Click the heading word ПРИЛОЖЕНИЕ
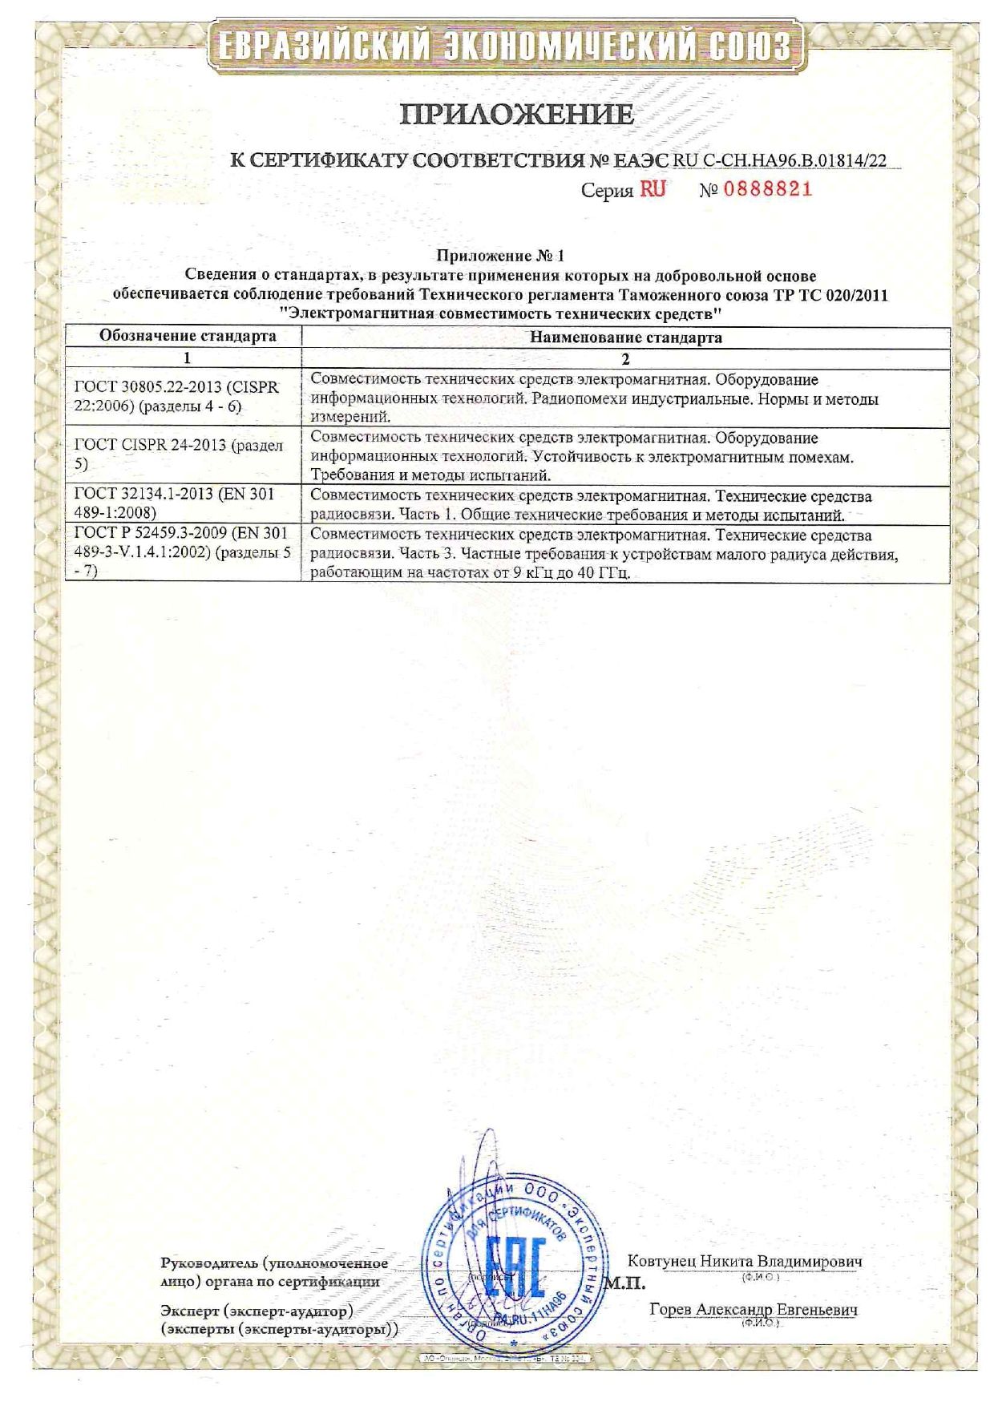[517, 115]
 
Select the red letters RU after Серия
[652, 190]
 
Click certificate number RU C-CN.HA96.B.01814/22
[780, 160]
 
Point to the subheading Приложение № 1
[500, 256]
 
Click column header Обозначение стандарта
[188, 336]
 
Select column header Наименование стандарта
[625, 337]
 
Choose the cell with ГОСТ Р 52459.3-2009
[182, 551]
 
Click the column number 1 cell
[188, 358]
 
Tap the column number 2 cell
[625, 358]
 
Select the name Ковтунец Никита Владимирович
[744, 1261]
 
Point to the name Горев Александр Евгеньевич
[753, 1309]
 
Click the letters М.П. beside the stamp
[624, 1284]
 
